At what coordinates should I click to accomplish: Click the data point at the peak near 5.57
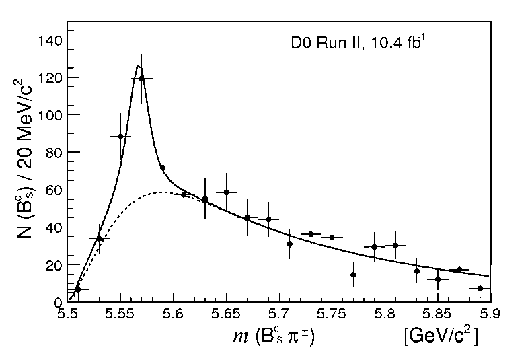pyautogui.click(x=141, y=78)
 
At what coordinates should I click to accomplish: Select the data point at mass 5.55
pyautogui.click(x=120, y=136)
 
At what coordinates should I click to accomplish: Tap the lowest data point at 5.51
pyautogui.click(x=78, y=289)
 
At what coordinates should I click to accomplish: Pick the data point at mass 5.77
pyautogui.click(x=353, y=275)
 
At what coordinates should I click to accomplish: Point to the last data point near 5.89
pyautogui.click(x=480, y=288)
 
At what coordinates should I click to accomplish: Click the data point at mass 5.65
pyautogui.click(x=227, y=192)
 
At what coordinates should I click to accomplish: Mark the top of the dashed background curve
pyautogui.click(x=161, y=192)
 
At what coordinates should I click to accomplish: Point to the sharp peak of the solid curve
pyautogui.click(x=138, y=65)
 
